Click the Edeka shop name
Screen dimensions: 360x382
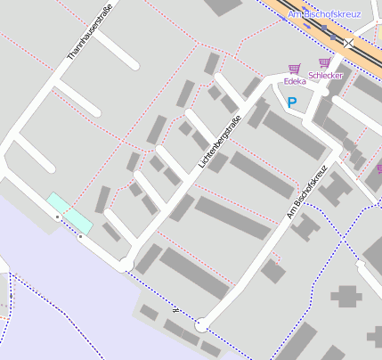pyautogui.click(x=294, y=81)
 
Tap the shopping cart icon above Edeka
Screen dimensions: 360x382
pyautogui.click(x=294, y=69)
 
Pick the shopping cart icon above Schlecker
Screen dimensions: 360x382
pyautogui.click(x=324, y=63)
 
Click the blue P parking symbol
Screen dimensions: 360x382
pyautogui.click(x=291, y=103)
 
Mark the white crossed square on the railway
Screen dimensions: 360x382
pyautogui.click(x=348, y=42)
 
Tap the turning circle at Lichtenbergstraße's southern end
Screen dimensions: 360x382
pyautogui.click(x=126, y=265)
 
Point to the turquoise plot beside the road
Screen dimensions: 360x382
pyautogui.click(x=69, y=210)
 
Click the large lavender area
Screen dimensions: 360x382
pyautogui.click(x=53, y=294)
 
